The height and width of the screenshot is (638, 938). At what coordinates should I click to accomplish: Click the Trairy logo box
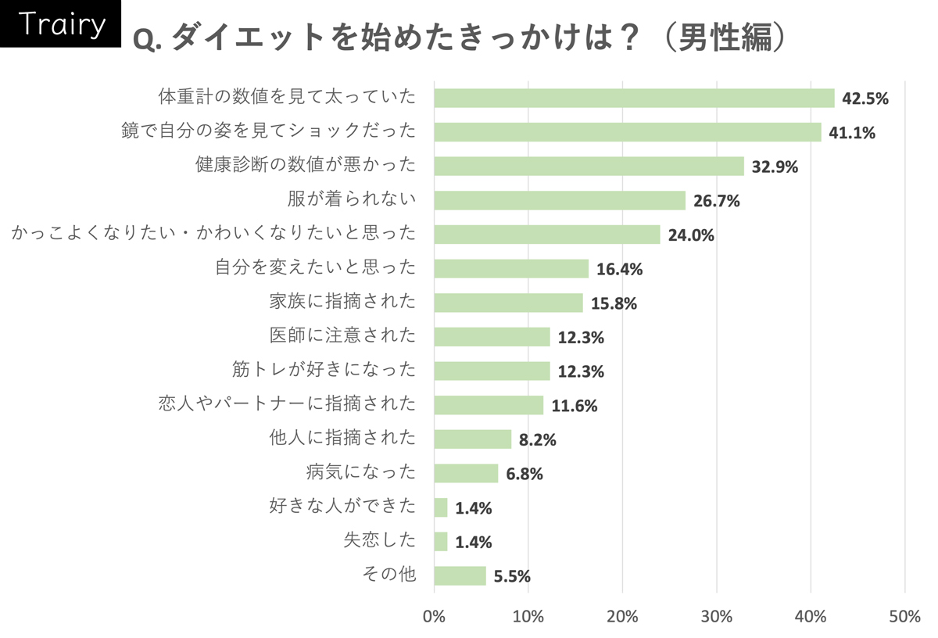tap(61, 25)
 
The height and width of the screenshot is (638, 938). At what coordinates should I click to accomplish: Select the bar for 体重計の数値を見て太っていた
tap(634, 98)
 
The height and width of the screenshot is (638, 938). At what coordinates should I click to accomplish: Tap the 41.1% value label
tap(852, 133)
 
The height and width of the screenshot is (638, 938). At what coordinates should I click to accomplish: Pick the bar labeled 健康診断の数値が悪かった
tap(589, 167)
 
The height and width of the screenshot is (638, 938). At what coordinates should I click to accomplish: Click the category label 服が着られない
tap(351, 199)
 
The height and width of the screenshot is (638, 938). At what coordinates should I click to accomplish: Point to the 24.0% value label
tap(691, 235)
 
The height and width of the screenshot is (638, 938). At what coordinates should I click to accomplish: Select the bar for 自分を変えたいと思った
tap(511, 269)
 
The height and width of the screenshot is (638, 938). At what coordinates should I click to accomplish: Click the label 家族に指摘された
tap(342, 302)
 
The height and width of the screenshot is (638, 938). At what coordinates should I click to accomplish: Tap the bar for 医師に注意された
tap(492, 337)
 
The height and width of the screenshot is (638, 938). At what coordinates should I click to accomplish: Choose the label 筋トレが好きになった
tap(324, 370)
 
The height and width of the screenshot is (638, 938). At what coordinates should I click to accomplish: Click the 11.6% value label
tap(574, 406)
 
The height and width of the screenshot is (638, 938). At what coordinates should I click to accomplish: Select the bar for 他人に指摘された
tap(472, 439)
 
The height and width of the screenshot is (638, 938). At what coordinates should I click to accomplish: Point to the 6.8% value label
tap(524, 475)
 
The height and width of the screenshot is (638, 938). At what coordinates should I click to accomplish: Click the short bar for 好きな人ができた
tap(441, 508)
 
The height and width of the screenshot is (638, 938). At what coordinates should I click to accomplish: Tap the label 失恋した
tap(380, 540)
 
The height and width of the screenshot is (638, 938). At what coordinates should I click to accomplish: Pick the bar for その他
tap(460, 576)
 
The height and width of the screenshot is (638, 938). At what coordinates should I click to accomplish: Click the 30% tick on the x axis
tap(716, 616)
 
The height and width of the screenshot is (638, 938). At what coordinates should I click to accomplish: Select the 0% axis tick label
tap(434, 616)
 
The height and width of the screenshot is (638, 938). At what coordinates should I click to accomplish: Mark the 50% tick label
tap(904, 616)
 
